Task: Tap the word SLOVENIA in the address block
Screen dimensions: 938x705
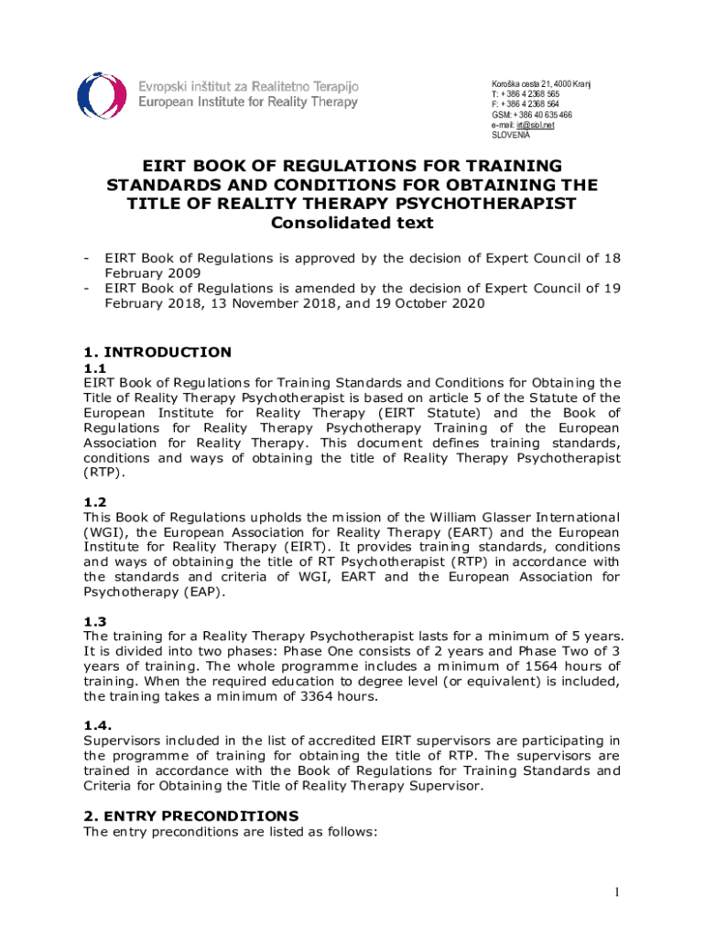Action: pyautogui.click(x=511, y=136)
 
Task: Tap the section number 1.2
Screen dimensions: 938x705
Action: pyautogui.click(x=95, y=502)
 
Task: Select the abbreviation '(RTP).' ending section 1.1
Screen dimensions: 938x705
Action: pyautogui.click(x=103, y=473)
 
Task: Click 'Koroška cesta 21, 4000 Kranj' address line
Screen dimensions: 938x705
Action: pyautogui.click(x=541, y=84)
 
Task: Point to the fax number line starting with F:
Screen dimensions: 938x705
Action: pyautogui.click(x=526, y=104)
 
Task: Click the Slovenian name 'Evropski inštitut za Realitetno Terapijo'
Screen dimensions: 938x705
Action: pyautogui.click(x=248, y=86)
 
